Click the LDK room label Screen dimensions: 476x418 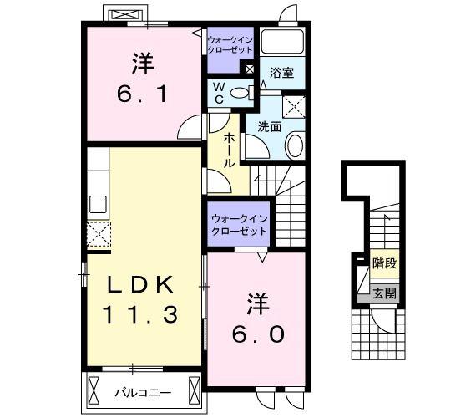(x=140, y=285)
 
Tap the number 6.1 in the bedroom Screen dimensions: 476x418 (x=142, y=94)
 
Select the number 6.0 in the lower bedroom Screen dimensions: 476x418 (x=258, y=334)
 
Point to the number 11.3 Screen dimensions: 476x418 (x=140, y=315)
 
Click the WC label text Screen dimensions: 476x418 (x=219, y=94)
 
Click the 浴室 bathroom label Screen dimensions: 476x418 (x=281, y=73)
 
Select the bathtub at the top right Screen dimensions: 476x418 (x=282, y=41)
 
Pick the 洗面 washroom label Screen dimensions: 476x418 (x=270, y=127)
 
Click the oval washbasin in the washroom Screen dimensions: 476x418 (x=295, y=145)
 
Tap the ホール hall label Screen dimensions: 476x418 (x=229, y=151)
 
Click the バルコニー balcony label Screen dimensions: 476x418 (x=143, y=394)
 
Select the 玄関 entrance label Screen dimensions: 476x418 (x=384, y=294)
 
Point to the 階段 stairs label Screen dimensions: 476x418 (x=385, y=263)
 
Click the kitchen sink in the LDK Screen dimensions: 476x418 (x=98, y=204)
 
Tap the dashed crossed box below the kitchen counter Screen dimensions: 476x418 (x=99, y=234)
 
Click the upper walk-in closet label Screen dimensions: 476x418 (x=230, y=44)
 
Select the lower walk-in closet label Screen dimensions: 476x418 (x=239, y=225)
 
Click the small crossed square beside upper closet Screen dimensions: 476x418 (x=249, y=69)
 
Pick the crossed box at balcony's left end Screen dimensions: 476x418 (x=94, y=390)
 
